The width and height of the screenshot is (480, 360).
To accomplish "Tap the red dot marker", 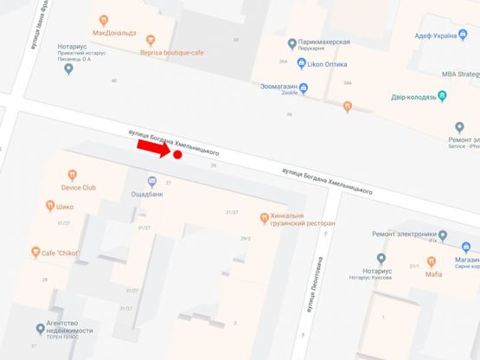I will (x=177, y=155).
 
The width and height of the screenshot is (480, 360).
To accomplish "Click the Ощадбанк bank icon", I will (x=152, y=182).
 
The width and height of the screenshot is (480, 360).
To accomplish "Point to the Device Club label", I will (x=79, y=187).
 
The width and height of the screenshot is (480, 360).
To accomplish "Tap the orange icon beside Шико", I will (x=50, y=206).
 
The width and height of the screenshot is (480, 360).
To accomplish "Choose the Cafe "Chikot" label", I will (x=61, y=253).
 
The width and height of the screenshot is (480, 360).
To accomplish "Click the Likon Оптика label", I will (x=327, y=65).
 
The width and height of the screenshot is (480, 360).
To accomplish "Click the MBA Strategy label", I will (x=461, y=74).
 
